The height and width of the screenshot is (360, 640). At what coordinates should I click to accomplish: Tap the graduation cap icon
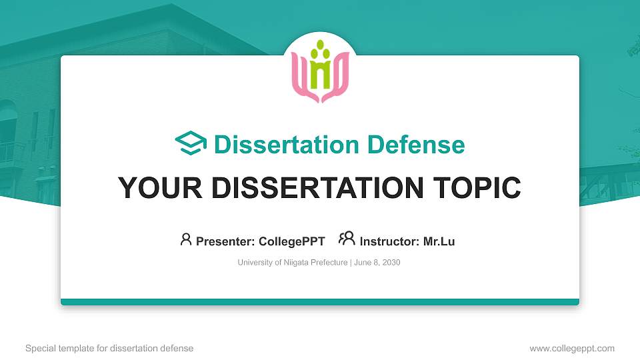click(191, 144)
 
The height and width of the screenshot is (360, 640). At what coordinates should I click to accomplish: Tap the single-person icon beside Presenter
click(186, 239)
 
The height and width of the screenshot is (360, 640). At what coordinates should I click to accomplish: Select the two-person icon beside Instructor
click(347, 239)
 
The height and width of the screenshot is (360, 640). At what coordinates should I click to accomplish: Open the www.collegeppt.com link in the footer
click(572, 348)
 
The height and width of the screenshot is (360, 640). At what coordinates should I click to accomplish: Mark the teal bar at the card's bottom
click(320, 302)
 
